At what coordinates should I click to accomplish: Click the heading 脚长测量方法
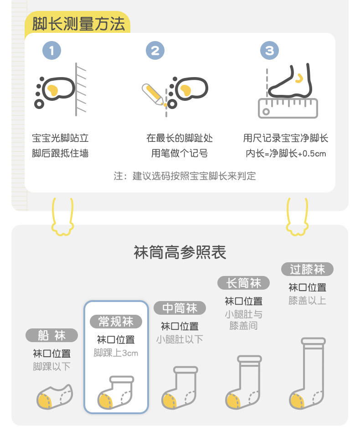point(78,23)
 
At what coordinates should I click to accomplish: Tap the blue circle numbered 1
point(51,50)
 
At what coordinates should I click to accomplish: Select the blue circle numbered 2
point(155,50)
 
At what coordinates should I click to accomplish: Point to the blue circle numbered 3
point(269,50)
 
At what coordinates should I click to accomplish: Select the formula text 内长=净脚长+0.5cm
point(286,154)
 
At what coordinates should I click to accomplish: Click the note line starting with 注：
point(185,176)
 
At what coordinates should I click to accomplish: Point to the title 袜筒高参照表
point(180,252)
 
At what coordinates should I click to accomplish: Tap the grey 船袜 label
point(51,336)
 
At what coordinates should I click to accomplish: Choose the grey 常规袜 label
point(116,322)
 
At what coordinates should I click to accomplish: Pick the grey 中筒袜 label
point(180,308)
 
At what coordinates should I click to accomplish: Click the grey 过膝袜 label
point(307,269)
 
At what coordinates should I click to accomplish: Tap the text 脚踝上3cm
point(116,353)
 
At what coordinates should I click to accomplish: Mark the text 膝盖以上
point(307,301)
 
